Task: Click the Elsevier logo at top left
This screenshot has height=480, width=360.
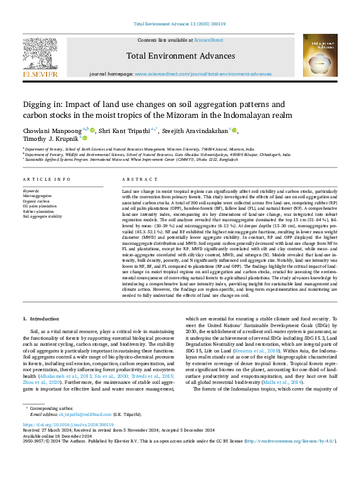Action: (x=41, y=56)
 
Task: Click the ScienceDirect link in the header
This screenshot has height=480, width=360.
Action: (x=208, y=40)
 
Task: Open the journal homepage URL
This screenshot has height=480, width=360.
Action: (x=203, y=74)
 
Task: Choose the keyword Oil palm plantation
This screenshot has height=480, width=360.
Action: (x=39, y=206)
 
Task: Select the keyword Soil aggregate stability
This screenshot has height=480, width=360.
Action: (x=42, y=216)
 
